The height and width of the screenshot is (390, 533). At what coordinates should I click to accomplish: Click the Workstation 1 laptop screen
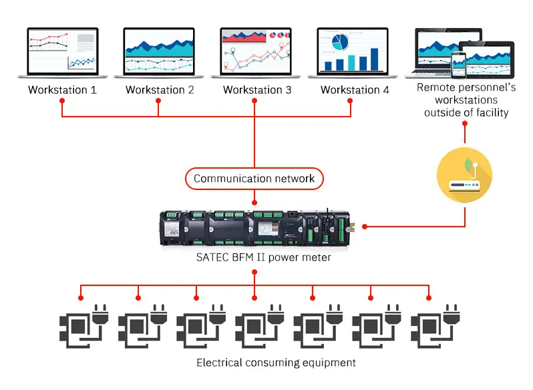tap(62, 51)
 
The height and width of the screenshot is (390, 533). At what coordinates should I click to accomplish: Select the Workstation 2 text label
tap(160, 89)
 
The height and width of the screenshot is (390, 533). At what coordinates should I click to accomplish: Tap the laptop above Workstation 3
tap(256, 53)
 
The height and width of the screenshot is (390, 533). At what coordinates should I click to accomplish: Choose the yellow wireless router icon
tap(465, 176)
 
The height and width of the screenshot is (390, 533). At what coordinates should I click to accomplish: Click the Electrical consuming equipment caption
tap(276, 363)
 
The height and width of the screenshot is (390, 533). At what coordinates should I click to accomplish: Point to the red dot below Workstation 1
tap(62, 101)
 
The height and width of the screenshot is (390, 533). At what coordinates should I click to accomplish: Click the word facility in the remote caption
tap(488, 112)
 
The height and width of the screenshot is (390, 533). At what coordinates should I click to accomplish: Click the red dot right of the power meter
tap(365, 226)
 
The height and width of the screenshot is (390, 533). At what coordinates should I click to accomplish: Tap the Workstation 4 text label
tap(355, 89)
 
